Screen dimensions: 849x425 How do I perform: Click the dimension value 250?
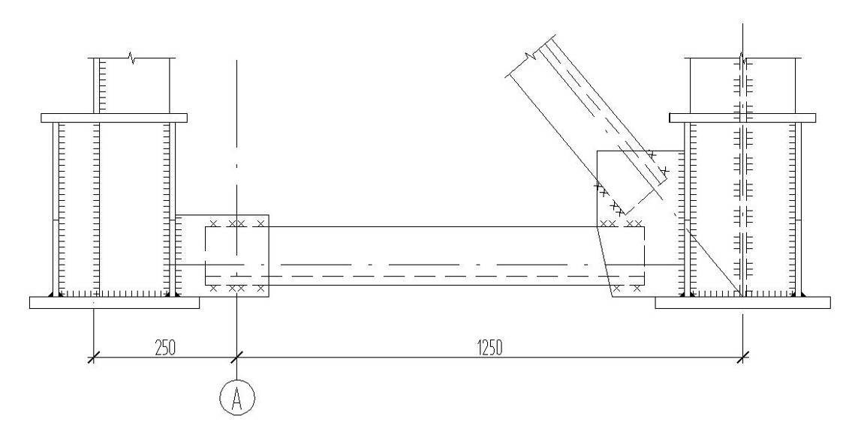(x=165, y=348)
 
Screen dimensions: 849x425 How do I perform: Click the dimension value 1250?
(x=489, y=348)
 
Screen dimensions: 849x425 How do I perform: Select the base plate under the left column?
(x=114, y=303)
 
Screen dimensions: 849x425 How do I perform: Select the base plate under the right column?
(x=743, y=303)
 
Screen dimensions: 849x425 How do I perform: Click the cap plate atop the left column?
(x=114, y=118)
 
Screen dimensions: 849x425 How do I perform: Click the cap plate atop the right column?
(x=742, y=118)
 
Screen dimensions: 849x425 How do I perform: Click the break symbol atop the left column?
(x=131, y=57)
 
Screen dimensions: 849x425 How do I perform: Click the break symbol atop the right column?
(x=743, y=58)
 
